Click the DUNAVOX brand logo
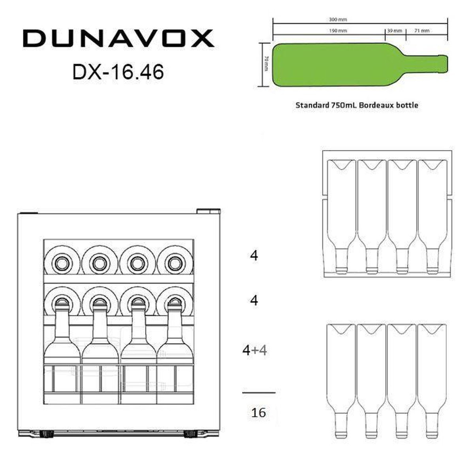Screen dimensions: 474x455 118,38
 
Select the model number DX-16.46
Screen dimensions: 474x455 118,72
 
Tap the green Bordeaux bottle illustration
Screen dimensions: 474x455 360,64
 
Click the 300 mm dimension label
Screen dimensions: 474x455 338,19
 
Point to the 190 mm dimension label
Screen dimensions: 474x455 338,31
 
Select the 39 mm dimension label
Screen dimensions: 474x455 394,31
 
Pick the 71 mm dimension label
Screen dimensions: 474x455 422,31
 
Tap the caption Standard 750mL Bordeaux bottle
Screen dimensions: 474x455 357,105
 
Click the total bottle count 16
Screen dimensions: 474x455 258,413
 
